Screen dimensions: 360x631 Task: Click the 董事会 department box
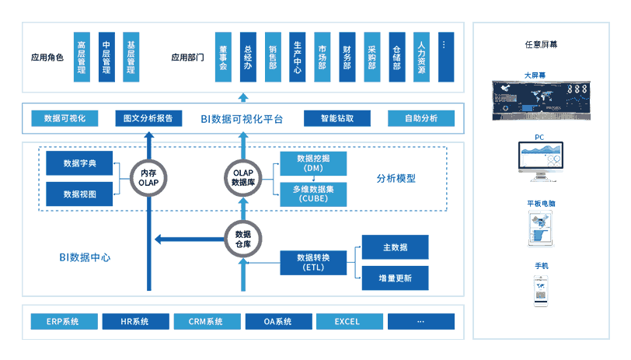click(222, 57)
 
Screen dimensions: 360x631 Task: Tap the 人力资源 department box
click(420, 57)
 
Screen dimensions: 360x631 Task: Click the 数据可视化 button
click(64, 119)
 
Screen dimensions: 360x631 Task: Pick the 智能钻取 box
click(337, 119)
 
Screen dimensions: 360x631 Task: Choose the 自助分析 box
click(421, 119)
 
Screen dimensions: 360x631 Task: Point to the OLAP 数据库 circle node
click(244, 177)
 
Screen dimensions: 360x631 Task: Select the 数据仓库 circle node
click(243, 239)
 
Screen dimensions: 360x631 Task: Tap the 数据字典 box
click(79, 163)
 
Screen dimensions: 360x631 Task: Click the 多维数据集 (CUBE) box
click(313, 194)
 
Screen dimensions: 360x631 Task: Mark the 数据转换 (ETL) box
click(313, 263)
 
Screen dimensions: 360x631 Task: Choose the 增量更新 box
click(395, 278)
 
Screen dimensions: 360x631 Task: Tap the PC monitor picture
click(542, 164)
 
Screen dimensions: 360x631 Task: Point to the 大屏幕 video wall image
click(541, 100)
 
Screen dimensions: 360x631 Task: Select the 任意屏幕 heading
click(541, 44)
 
